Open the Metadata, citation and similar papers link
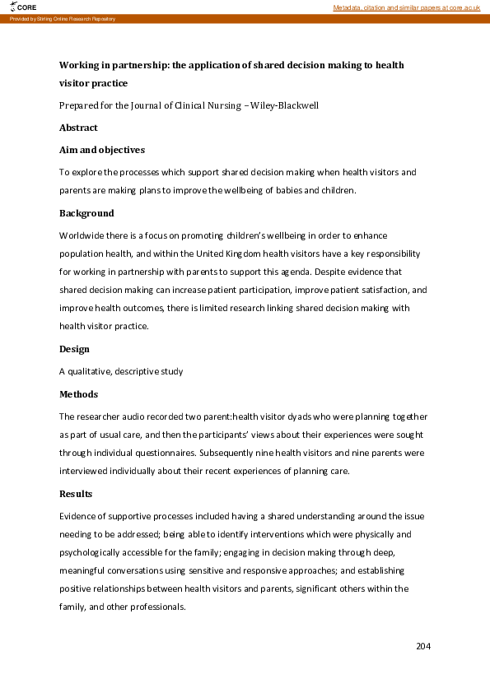[x=406, y=7]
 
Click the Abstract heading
[x=78, y=128]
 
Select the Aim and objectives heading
[x=102, y=150]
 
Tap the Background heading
[x=86, y=213]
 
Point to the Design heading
[x=75, y=349]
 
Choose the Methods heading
[x=78, y=394]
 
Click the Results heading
[x=76, y=494]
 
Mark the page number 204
[x=423, y=646]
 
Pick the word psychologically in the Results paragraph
[x=91, y=552]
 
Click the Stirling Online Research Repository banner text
[x=63, y=18]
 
